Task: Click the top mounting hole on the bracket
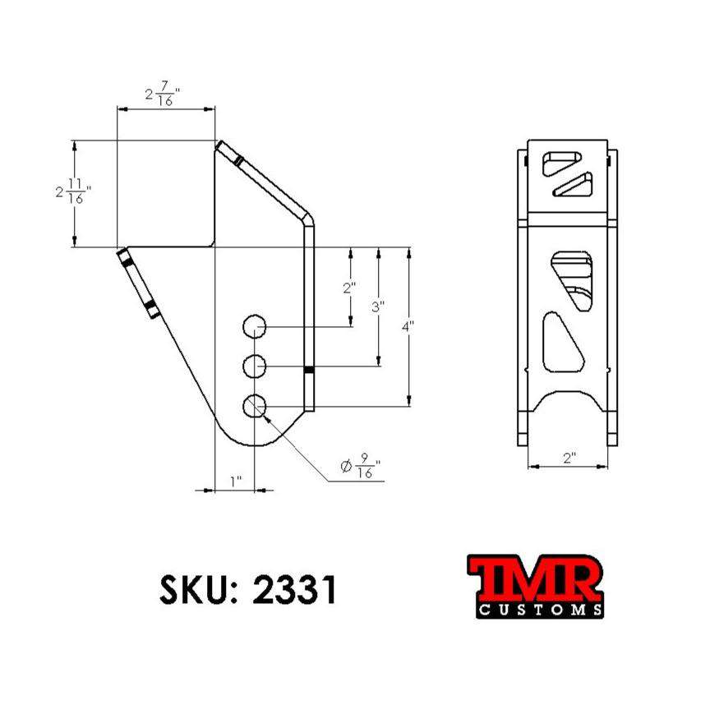tap(256, 327)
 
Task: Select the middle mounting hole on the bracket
tap(256, 366)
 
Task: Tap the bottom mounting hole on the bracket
tap(256, 404)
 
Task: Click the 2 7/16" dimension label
tap(163, 94)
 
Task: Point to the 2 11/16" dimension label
tap(72, 192)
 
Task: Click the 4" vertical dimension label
tap(408, 326)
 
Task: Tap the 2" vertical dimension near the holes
tap(350, 288)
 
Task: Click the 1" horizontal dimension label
tap(236, 482)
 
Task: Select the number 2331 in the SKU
tap(295, 589)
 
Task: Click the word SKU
tap(194, 589)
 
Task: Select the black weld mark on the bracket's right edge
tap(309, 371)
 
